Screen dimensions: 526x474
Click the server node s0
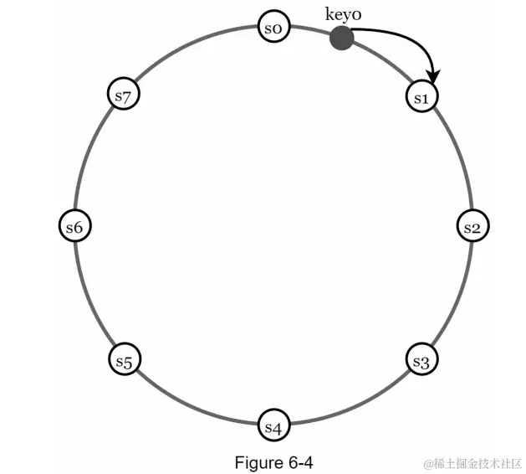tap(273, 28)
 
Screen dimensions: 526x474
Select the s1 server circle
tap(421, 96)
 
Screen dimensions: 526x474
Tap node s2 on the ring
tap(472, 227)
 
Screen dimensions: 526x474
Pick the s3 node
tap(421, 361)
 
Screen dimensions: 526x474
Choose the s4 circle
tap(273, 425)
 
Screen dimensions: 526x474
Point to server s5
tap(125, 361)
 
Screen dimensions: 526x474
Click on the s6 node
tap(74, 227)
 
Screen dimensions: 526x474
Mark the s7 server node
tap(125, 95)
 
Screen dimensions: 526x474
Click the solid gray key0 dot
tap(340, 38)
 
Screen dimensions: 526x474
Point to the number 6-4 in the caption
tap(299, 462)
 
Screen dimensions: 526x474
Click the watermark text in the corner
tap(472, 463)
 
